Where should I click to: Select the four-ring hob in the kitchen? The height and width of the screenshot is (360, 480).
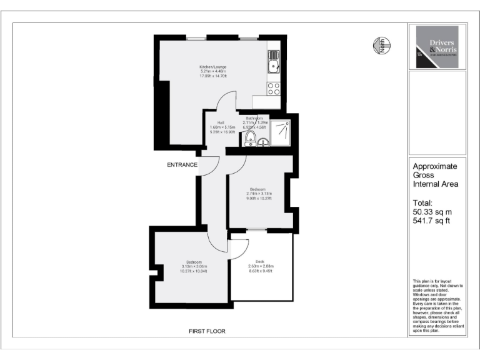(273, 88)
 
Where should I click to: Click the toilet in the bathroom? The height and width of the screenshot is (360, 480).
(250, 137)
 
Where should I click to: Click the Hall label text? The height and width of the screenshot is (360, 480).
(221, 122)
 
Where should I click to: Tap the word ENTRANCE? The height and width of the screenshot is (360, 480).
(182, 165)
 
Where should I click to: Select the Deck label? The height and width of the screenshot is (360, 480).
(260, 261)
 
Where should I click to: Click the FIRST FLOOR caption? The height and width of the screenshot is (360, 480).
(207, 331)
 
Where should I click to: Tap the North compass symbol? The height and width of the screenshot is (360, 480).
(381, 44)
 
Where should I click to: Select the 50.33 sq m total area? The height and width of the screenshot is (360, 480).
(431, 212)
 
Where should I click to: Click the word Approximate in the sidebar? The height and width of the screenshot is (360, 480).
(435, 166)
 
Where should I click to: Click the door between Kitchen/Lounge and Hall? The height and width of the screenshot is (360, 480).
(226, 101)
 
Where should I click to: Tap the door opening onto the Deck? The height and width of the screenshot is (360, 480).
(238, 247)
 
